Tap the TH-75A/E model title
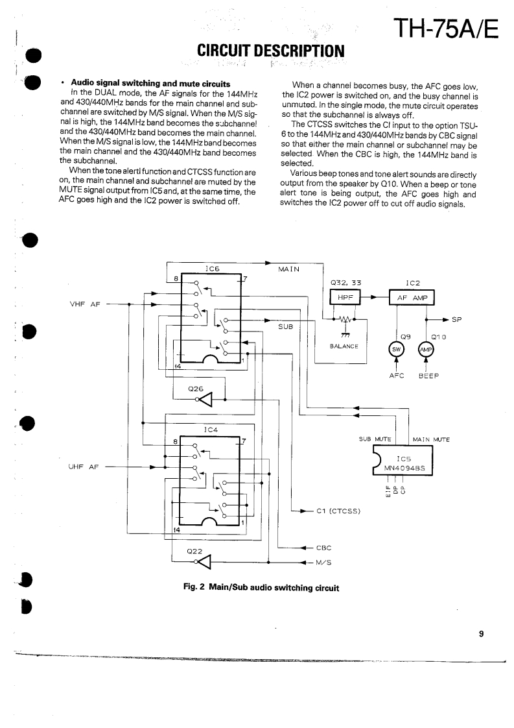pyautogui.click(x=444, y=27)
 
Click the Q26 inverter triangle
pyautogui.click(x=207, y=399)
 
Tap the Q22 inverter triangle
pyautogui.click(x=204, y=562)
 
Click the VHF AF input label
pyautogui.click(x=85, y=303)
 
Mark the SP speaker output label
pyautogui.click(x=456, y=319)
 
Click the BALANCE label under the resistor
pyautogui.click(x=344, y=346)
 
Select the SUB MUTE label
pyautogui.click(x=376, y=439)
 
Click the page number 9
pyautogui.click(x=481, y=635)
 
